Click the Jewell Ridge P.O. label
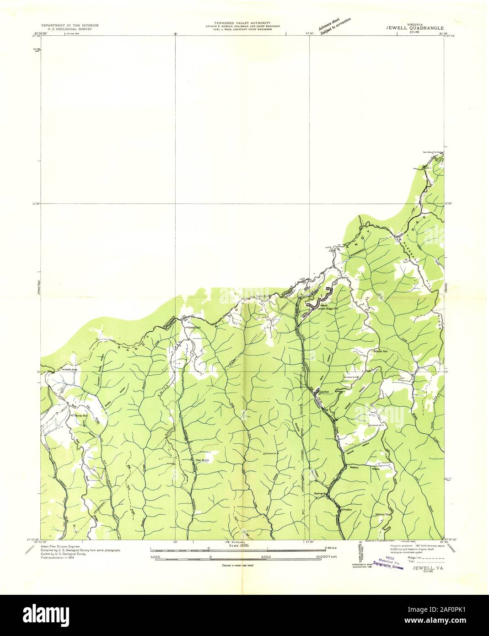pyautogui.click(x=328, y=308)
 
